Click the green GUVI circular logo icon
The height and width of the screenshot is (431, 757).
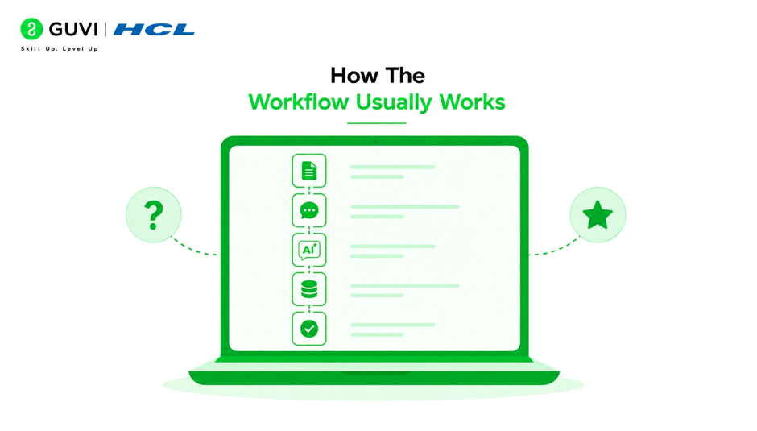coord(31,29)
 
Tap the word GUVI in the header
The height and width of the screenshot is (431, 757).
coord(73,30)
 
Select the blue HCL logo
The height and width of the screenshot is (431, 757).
coord(154,30)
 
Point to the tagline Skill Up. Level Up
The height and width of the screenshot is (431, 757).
coord(60,49)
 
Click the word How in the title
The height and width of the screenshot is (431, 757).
coord(351,76)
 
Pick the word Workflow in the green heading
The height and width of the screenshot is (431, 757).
coord(298,102)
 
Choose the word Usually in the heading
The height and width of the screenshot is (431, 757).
coord(394,102)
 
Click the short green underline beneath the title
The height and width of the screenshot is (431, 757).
coord(377,123)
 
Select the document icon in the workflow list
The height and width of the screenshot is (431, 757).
coord(309,171)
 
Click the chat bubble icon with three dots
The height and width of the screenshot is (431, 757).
coord(309,211)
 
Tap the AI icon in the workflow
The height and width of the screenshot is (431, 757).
coord(309,251)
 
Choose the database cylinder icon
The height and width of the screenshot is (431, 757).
coord(309,289)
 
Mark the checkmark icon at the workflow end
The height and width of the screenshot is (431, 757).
coord(309,329)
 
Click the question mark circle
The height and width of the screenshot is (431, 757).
coord(154,215)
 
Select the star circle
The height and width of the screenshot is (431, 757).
coord(598,215)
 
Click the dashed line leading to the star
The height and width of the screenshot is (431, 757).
coord(555,249)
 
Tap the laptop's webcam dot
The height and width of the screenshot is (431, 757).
coord(374,142)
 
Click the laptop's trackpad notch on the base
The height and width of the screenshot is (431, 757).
coord(375,373)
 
